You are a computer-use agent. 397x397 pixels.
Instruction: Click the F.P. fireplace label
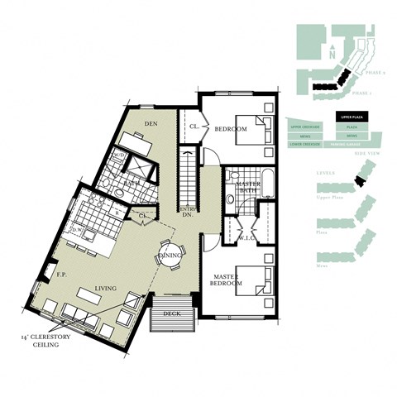click(60, 273)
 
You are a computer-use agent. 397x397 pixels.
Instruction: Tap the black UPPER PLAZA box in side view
click(352, 118)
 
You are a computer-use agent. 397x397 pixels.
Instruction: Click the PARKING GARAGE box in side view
click(352, 144)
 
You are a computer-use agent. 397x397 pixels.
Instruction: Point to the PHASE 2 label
click(375, 73)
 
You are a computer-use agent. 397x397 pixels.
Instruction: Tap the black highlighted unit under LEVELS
click(358, 181)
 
